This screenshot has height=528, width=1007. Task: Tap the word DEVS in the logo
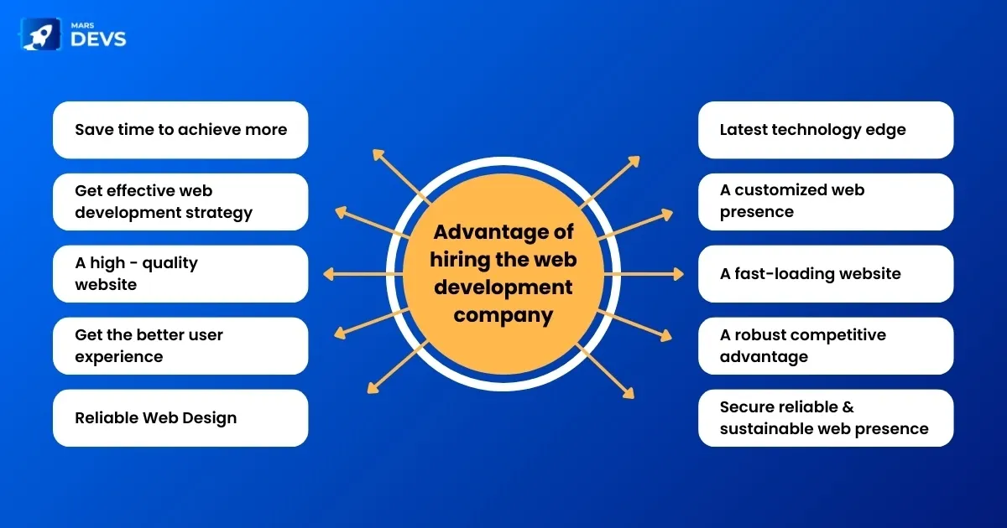point(100,40)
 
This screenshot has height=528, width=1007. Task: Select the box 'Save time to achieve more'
point(180,130)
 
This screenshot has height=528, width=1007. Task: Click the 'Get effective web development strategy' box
point(180,202)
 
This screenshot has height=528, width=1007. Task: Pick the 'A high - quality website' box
point(180,274)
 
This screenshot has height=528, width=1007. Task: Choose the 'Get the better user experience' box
point(180,346)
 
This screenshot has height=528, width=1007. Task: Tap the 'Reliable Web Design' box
point(180,418)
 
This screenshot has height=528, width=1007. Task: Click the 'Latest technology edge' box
point(826,130)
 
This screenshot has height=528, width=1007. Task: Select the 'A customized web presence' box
point(826,202)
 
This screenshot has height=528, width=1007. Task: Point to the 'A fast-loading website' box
point(826,274)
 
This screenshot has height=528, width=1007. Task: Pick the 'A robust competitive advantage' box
point(826,346)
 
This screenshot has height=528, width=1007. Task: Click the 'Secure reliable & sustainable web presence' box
point(826,418)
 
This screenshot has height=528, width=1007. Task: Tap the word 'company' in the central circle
point(503,315)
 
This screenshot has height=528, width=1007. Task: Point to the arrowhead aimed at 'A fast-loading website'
point(679,274)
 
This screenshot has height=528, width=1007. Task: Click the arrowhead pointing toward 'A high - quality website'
point(328,274)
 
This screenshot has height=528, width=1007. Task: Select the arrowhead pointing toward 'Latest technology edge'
point(634,159)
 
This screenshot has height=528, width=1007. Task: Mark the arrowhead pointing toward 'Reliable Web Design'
point(373,387)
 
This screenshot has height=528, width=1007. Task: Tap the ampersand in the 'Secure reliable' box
point(848,407)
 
